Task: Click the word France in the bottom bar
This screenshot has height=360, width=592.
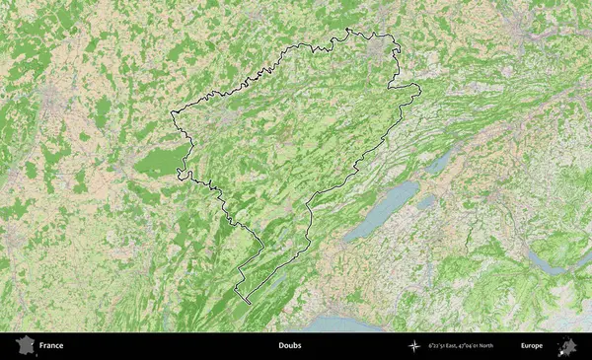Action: pos(51,346)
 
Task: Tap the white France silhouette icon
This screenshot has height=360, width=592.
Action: pos(22,346)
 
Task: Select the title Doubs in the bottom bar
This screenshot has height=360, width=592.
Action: pos(289,346)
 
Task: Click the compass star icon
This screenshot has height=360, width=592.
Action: pos(415,346)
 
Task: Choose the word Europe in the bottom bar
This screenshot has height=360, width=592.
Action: pos(532,346)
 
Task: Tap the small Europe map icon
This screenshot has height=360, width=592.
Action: pos(567,346)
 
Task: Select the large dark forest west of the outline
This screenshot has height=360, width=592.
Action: pos(158,163)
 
